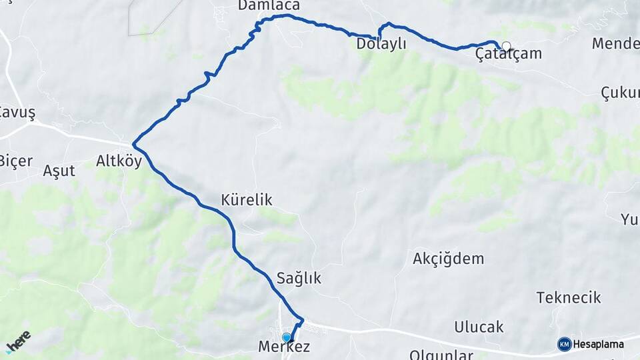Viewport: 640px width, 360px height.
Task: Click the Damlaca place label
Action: [269, 6]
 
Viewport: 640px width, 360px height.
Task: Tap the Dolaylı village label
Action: [381, 44]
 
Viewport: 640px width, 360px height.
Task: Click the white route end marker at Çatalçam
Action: [506, 47]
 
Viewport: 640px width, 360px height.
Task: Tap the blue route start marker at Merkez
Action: [287, 337]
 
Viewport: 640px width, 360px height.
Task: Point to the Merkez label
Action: [284, 347]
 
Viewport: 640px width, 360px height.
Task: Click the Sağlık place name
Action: [299, 279]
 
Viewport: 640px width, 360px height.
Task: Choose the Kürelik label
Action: [247, 200]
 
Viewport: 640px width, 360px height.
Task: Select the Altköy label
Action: [119, 161]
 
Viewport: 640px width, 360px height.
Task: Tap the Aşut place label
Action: [59, 171]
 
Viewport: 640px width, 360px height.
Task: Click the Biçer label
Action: [15, 161]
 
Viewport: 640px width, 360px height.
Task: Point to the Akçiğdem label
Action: [448, 259]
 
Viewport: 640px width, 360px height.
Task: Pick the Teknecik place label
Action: [569, 297]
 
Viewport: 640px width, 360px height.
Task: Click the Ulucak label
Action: [479, 327]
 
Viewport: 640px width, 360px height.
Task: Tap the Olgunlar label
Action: [441, 354]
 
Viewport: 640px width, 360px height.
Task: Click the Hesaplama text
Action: [598, 344]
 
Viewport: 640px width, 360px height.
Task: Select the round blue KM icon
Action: [564, 344]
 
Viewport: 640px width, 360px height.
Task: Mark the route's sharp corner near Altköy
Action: [134, 143]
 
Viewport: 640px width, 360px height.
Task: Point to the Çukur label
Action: [620, 93]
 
